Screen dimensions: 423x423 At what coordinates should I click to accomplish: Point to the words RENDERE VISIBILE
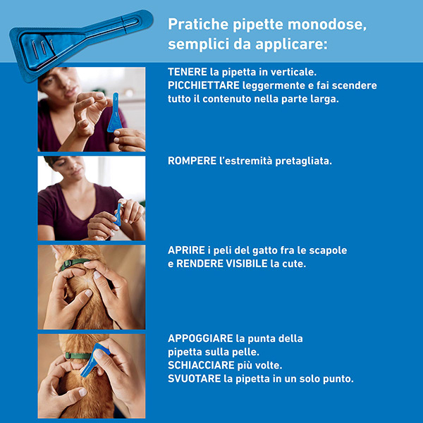223,264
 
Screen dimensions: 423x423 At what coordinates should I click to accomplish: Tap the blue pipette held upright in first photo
115,113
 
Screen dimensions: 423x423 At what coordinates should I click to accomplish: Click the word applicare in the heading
293,44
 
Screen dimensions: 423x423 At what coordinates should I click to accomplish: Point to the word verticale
295,72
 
